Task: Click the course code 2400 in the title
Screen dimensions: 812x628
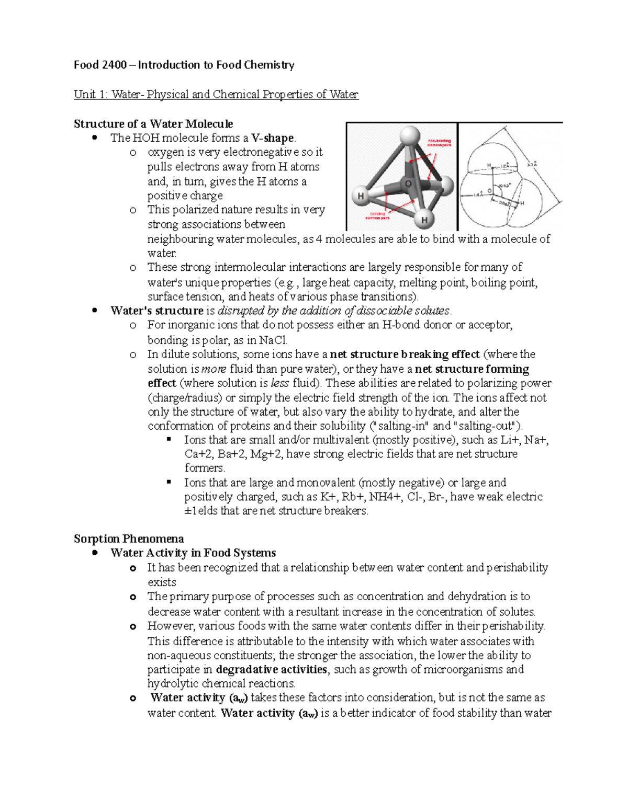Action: (x=114, y=65)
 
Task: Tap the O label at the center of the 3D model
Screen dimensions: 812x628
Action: (x=408, y=184)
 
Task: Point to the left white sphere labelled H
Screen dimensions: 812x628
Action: (x=362, y=196)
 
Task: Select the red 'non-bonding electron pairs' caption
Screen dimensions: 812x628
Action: (x=439, y=143)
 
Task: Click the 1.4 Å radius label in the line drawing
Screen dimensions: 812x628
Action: (x=478, y=195)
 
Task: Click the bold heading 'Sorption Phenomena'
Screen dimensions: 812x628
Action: (x=129, y=539)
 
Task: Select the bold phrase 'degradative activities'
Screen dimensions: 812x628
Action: (x=272, y=670)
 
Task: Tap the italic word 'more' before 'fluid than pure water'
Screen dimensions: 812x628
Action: (x=214, y=369)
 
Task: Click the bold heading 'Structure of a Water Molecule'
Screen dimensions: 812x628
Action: (x=153, y=124)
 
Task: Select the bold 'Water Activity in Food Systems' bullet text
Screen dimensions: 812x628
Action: (x=193, y=553)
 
